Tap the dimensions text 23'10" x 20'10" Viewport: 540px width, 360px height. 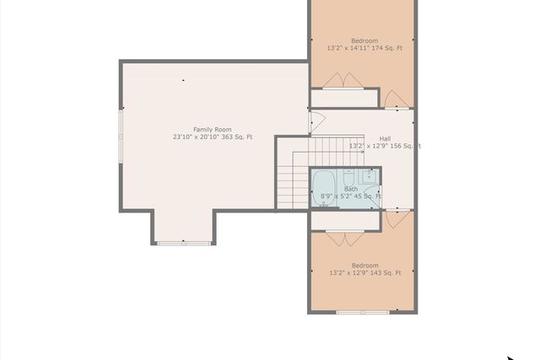coord(196,137)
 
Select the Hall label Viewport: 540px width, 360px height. coord(385,138)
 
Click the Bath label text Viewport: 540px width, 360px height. coord(350,189)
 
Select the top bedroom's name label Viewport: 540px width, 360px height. coord(364,40)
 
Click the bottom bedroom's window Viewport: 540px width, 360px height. coord(362,312)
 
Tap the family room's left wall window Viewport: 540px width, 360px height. coord(121,137)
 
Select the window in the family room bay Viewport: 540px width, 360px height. coord(183,244)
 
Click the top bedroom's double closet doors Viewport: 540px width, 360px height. coord(343,82)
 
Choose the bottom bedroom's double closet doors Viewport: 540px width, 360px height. coord(344,238)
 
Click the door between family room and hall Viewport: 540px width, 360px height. coord(316,121)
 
